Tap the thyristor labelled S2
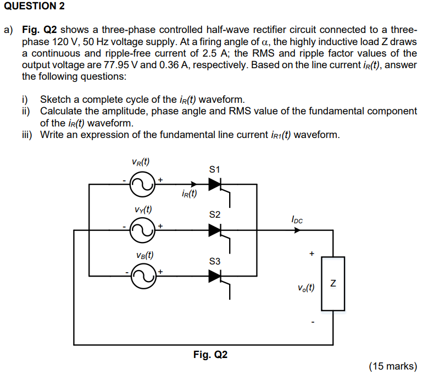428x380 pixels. point(215,230)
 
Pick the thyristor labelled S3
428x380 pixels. point(215,277)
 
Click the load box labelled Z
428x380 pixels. point(333,284)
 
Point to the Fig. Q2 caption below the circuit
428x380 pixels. point(210,355)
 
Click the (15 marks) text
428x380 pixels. point(393,366)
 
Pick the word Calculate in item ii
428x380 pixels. point(60,111)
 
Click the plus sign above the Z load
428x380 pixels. point(312,254)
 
